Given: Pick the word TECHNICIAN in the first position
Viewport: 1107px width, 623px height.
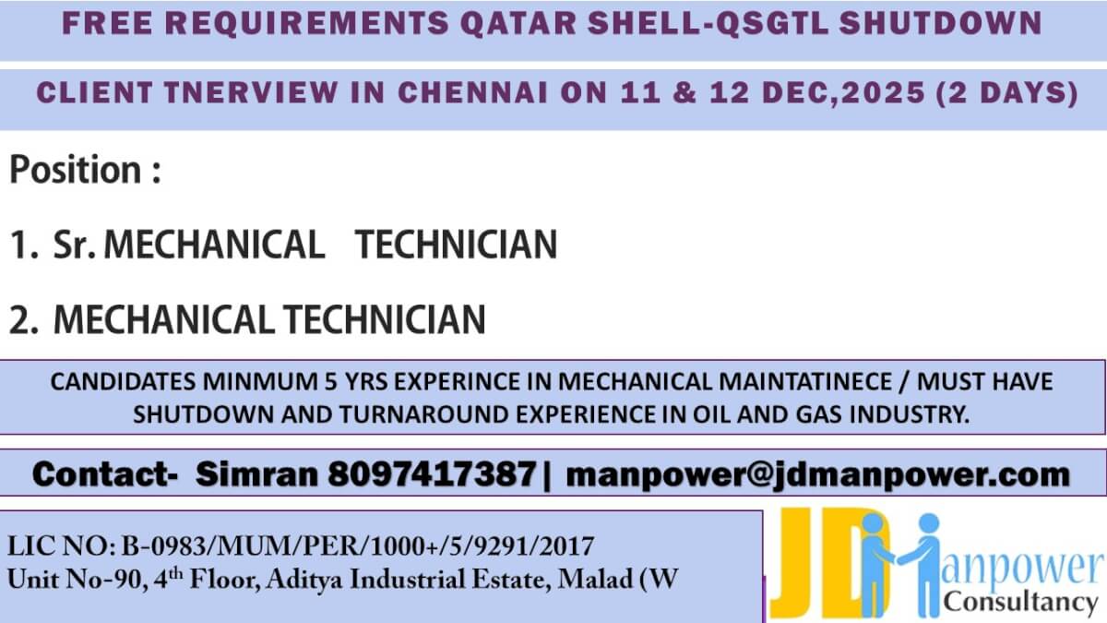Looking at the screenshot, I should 457,245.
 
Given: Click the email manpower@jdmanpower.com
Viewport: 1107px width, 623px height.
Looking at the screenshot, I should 817,475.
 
